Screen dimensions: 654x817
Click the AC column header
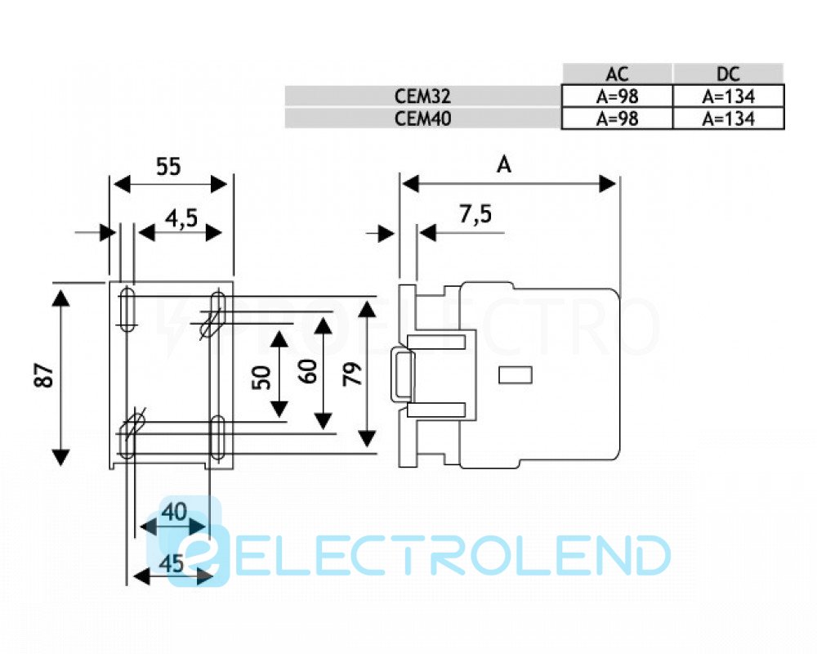coord(617,74)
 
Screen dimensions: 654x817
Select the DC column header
coord(728,74)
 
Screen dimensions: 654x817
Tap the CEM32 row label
coord(422,96)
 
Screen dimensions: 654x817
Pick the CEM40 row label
coord(422,118)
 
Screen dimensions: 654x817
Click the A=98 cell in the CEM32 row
coord(617,96)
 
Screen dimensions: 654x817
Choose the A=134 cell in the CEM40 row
coord(728,118)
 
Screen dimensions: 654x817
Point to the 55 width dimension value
coord(168,168)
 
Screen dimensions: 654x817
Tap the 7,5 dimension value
coord(475,216)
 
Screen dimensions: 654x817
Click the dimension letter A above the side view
coord(505,166)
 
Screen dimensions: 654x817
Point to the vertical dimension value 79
coord(350,375)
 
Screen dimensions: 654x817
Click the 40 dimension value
coord(173,513)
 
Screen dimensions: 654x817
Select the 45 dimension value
coord(169,564)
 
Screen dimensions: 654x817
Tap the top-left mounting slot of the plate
coord(127,308)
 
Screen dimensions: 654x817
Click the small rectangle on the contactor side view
coord(515,374)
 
